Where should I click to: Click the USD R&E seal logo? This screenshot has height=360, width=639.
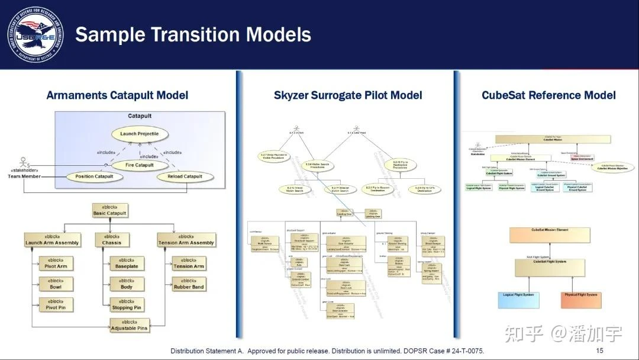[35, 34]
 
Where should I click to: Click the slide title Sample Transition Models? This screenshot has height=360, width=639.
[193, 34]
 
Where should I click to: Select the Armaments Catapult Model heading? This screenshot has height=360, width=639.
[117, 95]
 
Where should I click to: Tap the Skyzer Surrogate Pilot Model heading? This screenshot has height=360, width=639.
[348, 95]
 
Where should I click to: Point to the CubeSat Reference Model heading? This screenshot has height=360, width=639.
[548, 95]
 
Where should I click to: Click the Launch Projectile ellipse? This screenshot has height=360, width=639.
[140, 134]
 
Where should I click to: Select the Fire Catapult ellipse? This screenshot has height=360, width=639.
[140, 165]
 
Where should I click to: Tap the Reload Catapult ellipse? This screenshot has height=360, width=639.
[185, 176]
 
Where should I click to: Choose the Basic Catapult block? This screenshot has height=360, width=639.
[109, 210]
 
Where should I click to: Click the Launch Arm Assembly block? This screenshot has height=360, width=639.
[52, 239]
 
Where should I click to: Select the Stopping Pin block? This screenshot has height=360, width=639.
[127, 304]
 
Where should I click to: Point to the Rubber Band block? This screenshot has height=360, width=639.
[189, 284]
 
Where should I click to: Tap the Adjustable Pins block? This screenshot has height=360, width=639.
[129, 324]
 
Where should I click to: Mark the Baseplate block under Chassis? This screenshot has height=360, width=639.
[127, 263]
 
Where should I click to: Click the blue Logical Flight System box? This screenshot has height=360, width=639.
[518, 298]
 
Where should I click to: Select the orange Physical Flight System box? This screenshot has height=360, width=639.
[580, 298]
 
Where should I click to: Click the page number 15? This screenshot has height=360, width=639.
[599, 351]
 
